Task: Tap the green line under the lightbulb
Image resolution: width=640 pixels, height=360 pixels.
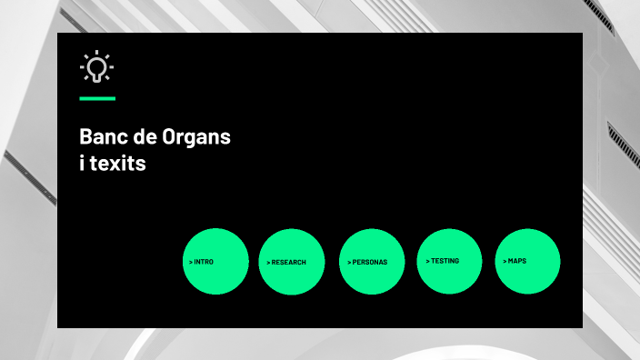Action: pyautogui.click(x=97, y=97)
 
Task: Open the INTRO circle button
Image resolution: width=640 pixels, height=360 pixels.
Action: pyautogui.click(x=215, y=261)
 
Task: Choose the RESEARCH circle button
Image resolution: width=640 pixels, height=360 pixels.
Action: pyautogui.click(x=292, y=261)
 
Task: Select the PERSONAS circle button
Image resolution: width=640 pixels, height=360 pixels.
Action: pyautogui.click(x=371, y=261)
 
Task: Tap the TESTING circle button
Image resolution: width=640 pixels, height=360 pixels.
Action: pyautogui.click(x=449, y=261)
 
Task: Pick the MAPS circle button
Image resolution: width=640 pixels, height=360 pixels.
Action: pyautogui.click(x=527, y=261)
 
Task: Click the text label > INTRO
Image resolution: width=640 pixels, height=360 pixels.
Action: pyautogui.click(x=201, y=262)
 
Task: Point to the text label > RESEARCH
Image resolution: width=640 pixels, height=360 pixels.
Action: pyautogui.click(x=286, y=262)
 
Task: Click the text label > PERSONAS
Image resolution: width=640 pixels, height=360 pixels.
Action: pyautogui.click(x=367, y=262)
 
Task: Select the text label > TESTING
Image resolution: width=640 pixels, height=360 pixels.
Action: pyautogui.click(x=443, y=261)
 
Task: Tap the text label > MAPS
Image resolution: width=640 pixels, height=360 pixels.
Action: pyautogui.click(x=515, y=261)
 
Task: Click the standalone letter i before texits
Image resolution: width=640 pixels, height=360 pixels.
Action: pyautogui.click(x=83, y=165)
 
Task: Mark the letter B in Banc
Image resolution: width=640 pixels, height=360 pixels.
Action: pyautogui.click(x=86, y=139)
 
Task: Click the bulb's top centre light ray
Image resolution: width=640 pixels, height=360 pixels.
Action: pyautogui.click(x=96, y=54)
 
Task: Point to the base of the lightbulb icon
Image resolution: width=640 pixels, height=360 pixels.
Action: pyautogui.click(x=96, y=80)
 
